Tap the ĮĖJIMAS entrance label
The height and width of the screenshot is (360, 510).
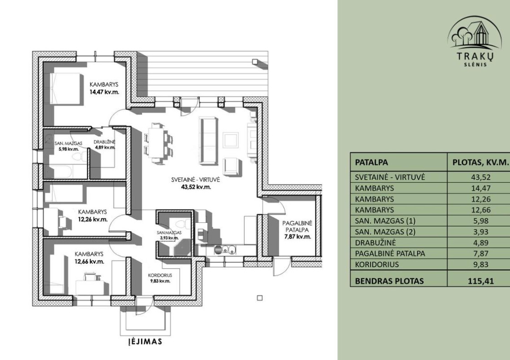click(x=143, y=341)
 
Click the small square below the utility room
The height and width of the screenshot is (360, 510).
click(x=260, y=298)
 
